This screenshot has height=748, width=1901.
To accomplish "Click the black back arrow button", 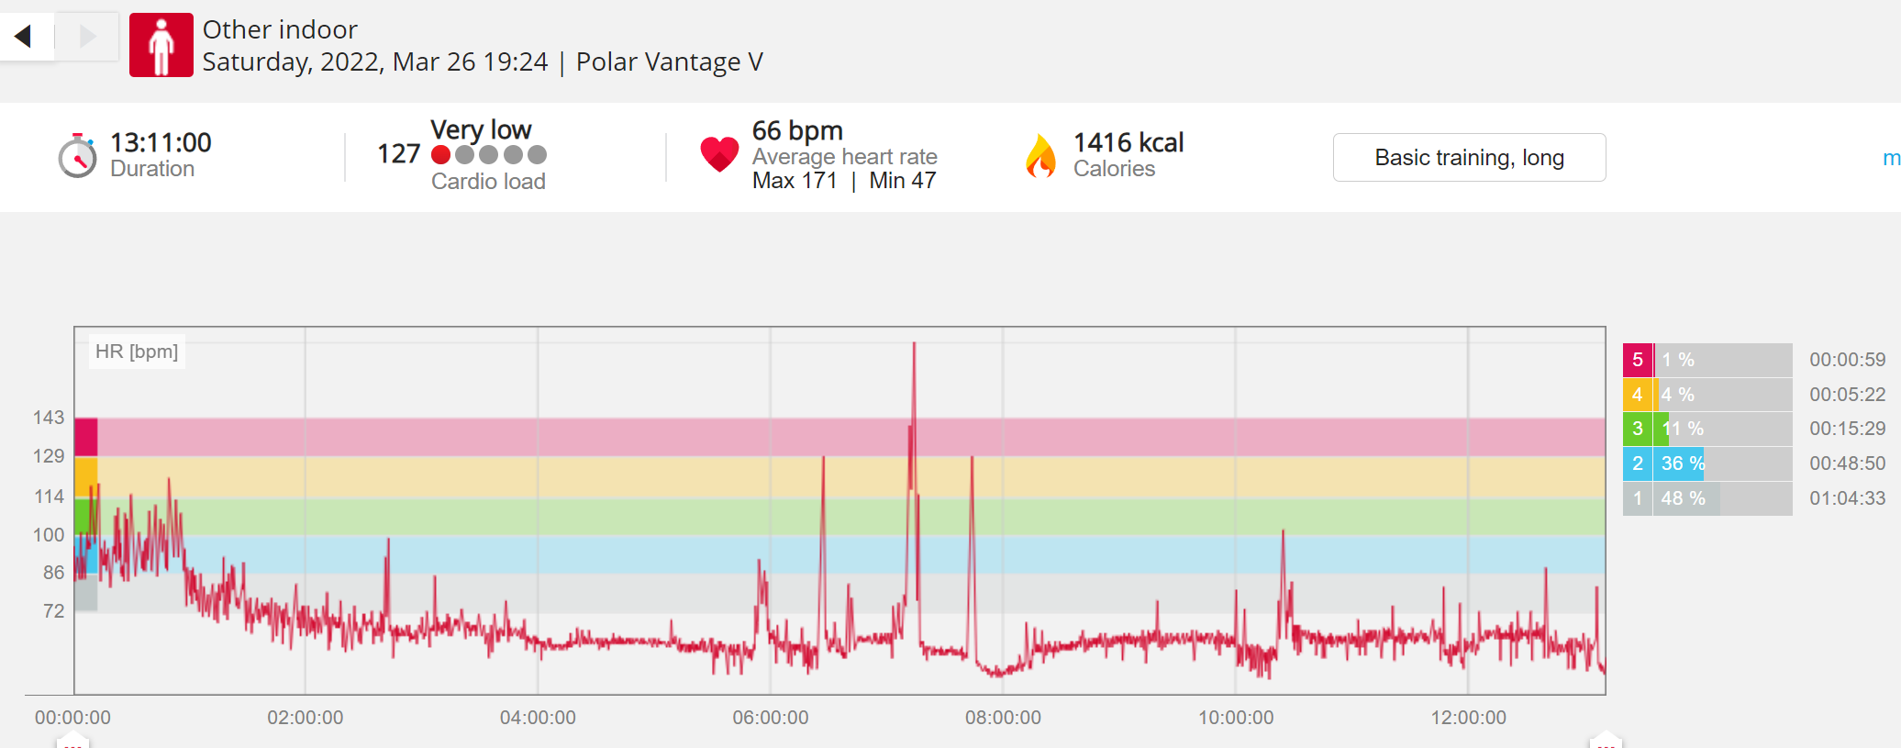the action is coord(24,36).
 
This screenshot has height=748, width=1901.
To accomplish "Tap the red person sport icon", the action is coord(161,45).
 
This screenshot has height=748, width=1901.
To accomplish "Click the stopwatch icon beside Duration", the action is coord(77,156).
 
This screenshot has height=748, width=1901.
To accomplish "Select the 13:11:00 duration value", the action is coord(161,142).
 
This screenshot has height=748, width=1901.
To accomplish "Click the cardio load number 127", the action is coord(398,153).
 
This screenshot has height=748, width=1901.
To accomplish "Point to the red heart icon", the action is coord(719,154).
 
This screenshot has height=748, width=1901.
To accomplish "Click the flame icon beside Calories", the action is coord(1040,156).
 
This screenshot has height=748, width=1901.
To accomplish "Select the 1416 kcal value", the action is coord(1128,142).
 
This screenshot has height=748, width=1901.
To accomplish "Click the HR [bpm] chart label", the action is coord(137,352).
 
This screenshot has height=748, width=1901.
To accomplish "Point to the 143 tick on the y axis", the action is coord(49,418).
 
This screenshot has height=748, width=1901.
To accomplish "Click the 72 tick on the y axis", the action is coord(54,611).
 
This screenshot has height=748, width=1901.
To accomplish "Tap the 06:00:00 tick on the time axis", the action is coord(771,718).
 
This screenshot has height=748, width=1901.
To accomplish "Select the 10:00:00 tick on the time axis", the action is coord(1236,718).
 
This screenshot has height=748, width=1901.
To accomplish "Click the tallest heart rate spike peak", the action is coord(914,343).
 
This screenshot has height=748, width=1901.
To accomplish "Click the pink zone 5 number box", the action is coord(1638,360).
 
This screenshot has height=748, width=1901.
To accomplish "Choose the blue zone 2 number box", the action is coord(1638,463).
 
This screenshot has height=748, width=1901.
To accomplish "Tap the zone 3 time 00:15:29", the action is coord(1847,429).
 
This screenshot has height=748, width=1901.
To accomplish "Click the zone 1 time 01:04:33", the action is coord(1847,498).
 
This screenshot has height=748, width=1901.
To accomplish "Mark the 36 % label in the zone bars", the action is coord(1683,463).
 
